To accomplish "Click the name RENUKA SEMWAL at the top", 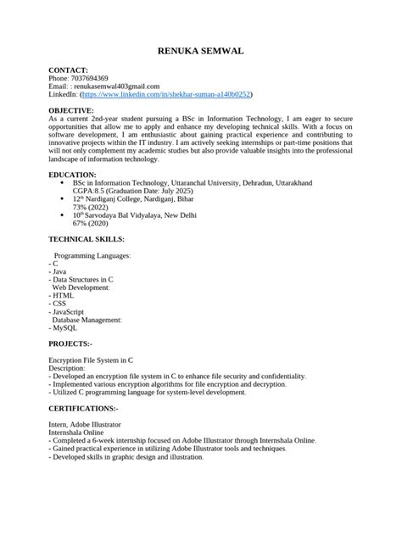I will pos(201,52).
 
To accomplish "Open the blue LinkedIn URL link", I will pos(178,96).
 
